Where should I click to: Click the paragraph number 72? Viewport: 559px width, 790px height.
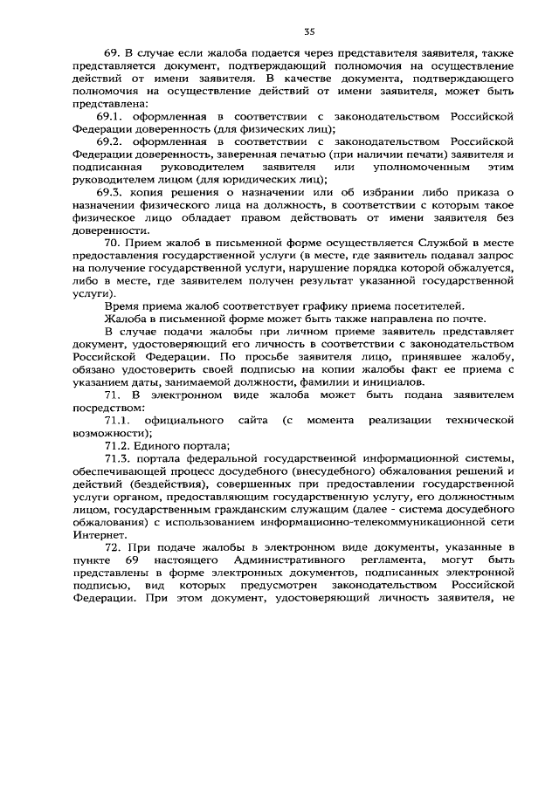point(111,545)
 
